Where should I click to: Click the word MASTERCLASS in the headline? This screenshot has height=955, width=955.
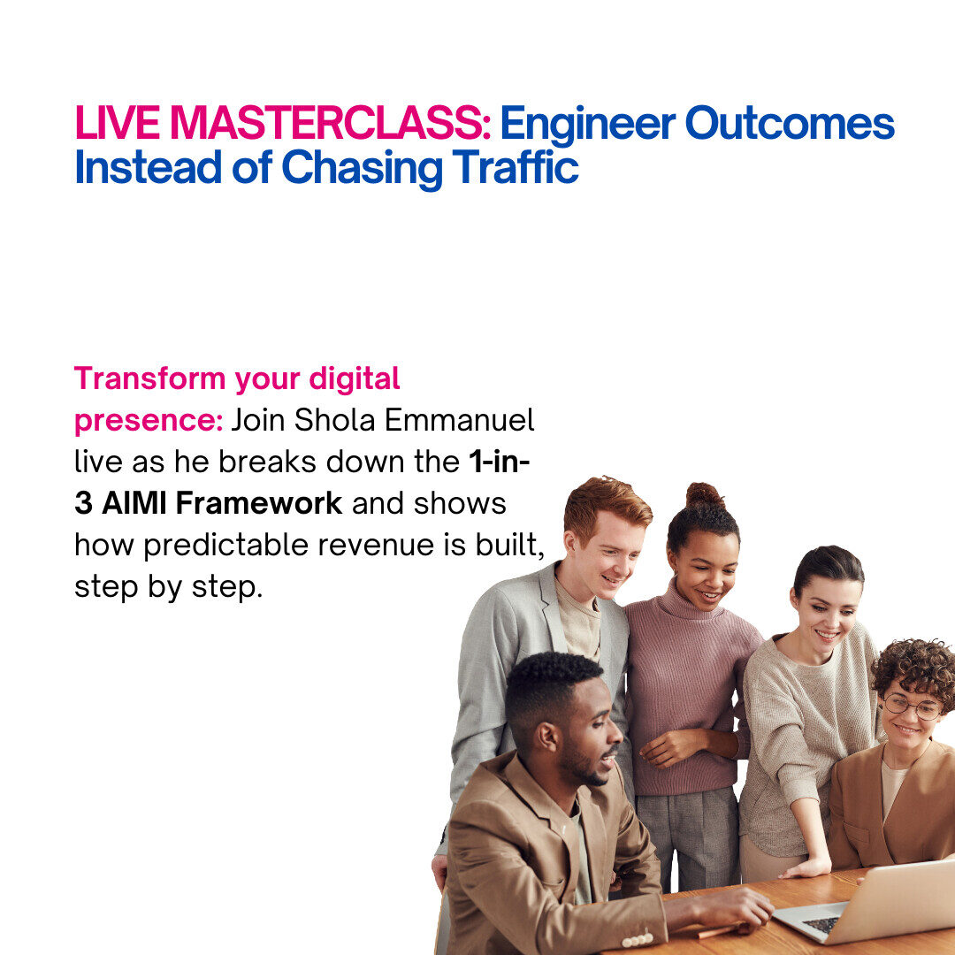pos(330,124)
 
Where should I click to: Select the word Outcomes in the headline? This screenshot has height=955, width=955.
pos(790,124)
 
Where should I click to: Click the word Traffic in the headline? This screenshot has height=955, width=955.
pos(516,167)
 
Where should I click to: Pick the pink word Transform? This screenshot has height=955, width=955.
pos(149,378)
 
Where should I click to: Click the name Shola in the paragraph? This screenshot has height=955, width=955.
pos(334,420)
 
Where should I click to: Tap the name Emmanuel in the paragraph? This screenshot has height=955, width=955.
pos(459,420)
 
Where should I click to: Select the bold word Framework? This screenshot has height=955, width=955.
pos(259,504)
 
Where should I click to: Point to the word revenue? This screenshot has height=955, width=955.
pos(376,546)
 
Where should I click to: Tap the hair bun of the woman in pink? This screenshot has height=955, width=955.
pos(705,496)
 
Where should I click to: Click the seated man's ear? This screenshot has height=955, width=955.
pos(547,737)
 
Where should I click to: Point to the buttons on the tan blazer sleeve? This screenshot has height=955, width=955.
pos(637,940)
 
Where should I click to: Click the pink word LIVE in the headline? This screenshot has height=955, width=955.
pos(117,124)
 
